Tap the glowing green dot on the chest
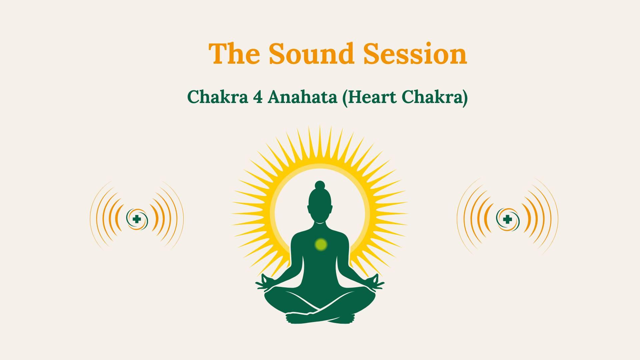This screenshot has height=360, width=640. [321, 244]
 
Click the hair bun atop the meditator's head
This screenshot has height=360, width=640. [320, 185]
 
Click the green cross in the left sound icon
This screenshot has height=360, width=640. [136, 219]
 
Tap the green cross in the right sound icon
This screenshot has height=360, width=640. [507, 219]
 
